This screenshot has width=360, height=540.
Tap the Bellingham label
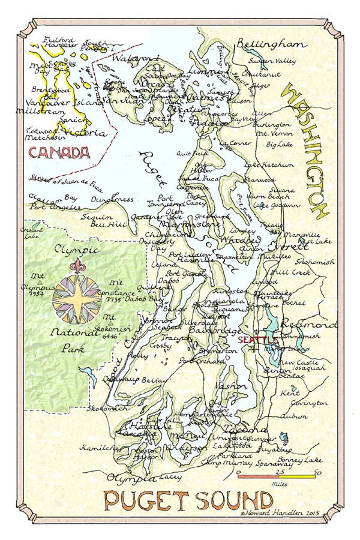(x=271, y=44)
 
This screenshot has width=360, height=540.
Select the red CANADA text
(x=58, y=154)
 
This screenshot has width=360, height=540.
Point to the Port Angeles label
(x=57, y=207)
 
